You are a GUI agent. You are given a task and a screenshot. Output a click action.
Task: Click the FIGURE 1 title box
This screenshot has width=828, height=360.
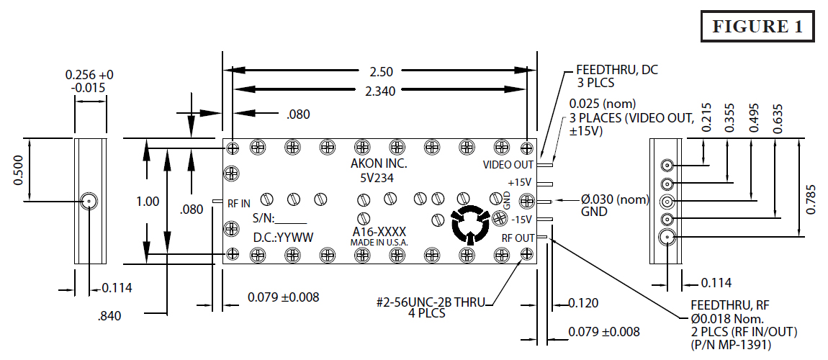pyautogui.click(x=757, y=27)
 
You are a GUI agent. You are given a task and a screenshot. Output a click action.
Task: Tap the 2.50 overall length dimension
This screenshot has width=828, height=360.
pyautogui.click(x=381, y=71)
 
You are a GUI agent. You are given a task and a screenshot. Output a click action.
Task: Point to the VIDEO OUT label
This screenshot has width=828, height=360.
pyautogui.click(x=508, y=165)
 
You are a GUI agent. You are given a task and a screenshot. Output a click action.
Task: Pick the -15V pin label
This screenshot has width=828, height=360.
pyautogui.click(x=521, y=220)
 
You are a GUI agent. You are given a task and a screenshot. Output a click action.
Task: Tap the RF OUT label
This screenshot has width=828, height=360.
pyautogui.click(x=518, y=238)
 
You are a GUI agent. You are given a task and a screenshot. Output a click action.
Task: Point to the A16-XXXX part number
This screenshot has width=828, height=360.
pyautogui.click(x=379, y=232)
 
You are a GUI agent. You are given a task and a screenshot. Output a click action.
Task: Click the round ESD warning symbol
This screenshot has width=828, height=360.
pyautogui.click(x=469, y=225)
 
